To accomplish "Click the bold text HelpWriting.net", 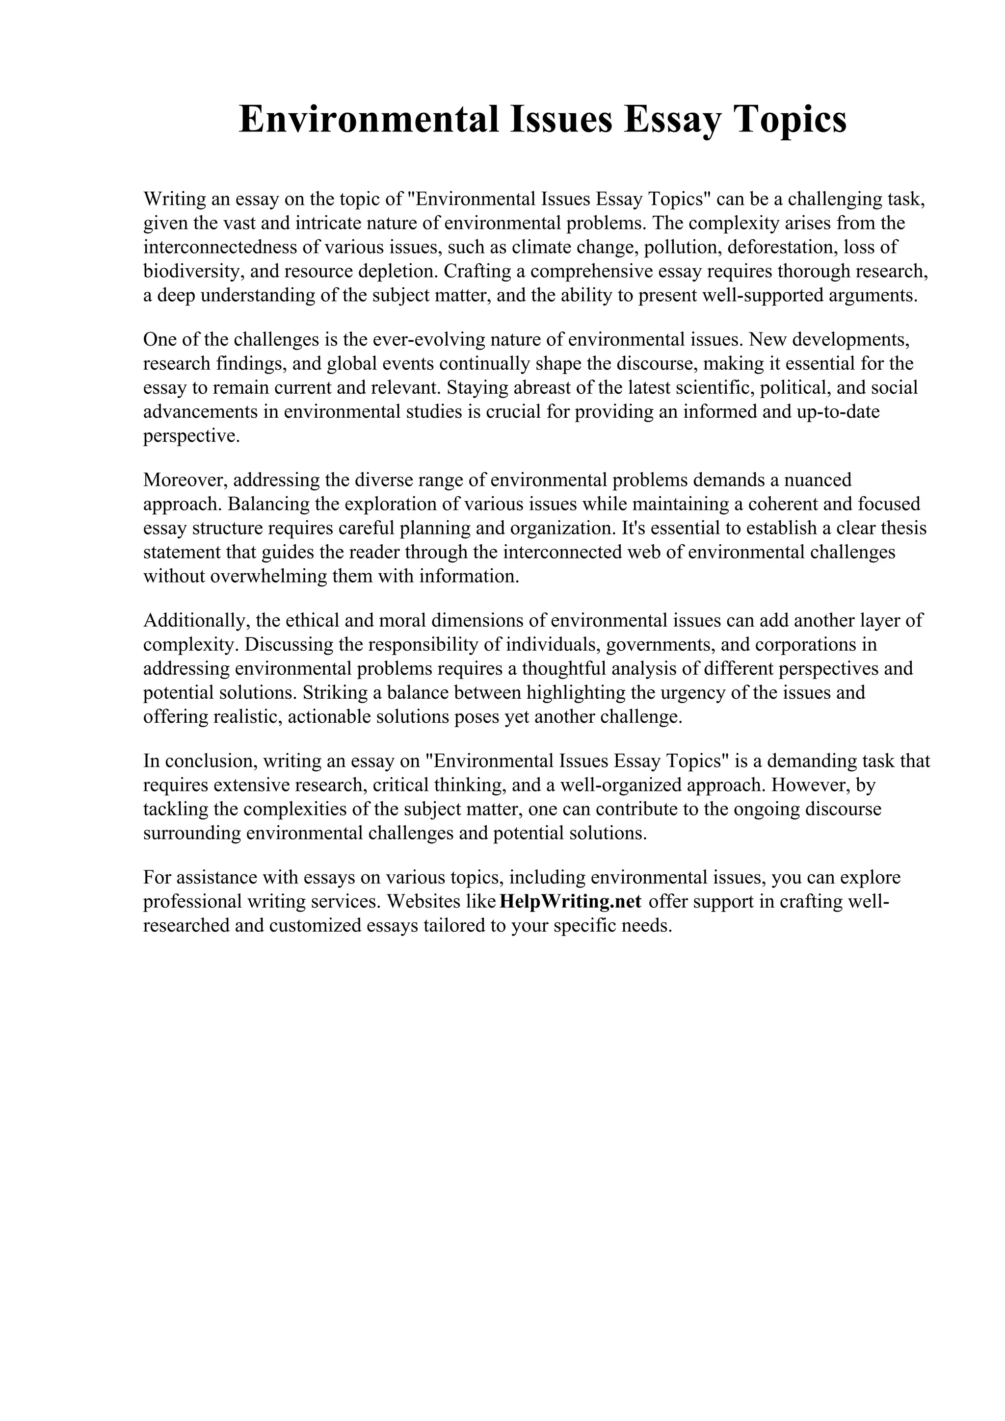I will click(x=570, y=901).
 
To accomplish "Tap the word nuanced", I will click(x=814, y=480).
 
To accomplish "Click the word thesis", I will click(x=903, y=528).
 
